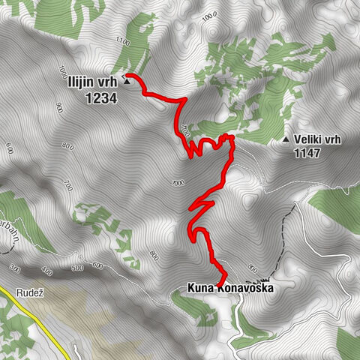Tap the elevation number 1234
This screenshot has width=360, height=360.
[100, 97]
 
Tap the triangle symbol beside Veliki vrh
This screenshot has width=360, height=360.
[286, 139]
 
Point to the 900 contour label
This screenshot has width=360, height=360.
[58, 109]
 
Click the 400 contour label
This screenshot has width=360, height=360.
[49, 270]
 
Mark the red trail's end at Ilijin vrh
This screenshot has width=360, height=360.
[127, 75]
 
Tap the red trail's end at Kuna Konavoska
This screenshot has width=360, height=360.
[220, 282]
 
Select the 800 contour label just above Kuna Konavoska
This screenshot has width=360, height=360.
[252, 267]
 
